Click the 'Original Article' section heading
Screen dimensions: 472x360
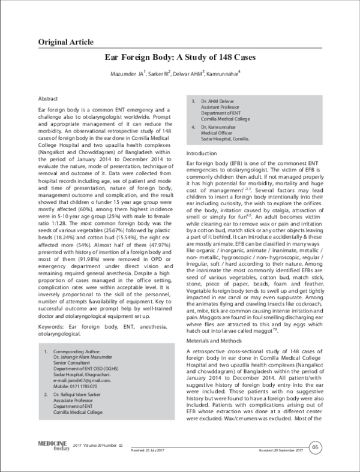click(x=65, y=42)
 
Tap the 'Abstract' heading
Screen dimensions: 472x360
click(x=48, y=98)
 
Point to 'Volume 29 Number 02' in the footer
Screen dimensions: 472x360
click(x=104, y=446)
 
